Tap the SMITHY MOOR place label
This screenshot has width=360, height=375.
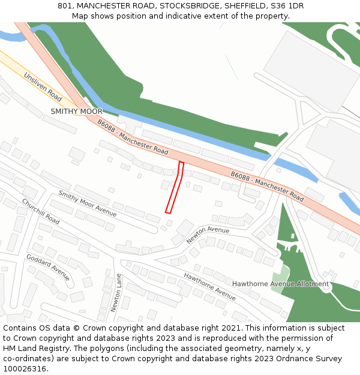76,112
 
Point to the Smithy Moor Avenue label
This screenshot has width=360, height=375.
88,203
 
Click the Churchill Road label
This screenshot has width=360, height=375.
40,211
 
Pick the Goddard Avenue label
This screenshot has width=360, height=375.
48,267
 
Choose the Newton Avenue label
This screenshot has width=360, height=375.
208,235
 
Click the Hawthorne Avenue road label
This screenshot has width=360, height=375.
209,286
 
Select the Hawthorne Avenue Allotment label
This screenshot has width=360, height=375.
280,284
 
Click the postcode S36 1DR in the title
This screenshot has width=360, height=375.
287,6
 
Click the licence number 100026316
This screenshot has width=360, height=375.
25,368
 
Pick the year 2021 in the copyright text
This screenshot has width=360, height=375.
227,328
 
